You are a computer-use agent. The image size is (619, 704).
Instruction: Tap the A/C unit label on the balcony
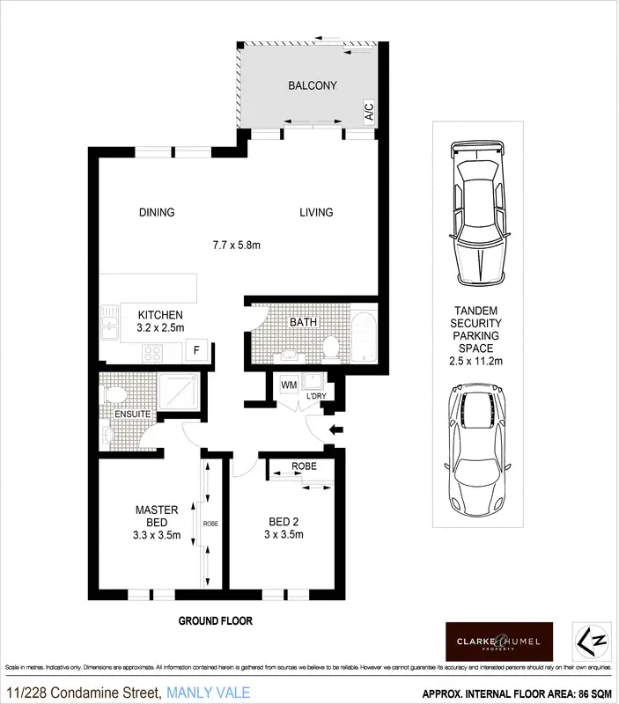pos(368,111)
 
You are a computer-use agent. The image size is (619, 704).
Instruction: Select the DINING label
pos(157,212)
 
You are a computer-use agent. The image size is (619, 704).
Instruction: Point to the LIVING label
pos(315,212)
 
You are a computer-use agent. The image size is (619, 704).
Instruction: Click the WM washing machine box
pos(287,385)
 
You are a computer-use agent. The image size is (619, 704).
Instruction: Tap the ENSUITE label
pos(130,414)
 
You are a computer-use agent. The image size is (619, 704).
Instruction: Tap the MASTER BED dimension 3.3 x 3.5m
pos(157,534)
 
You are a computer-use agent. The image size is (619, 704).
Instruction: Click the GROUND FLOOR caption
pos(216,621)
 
